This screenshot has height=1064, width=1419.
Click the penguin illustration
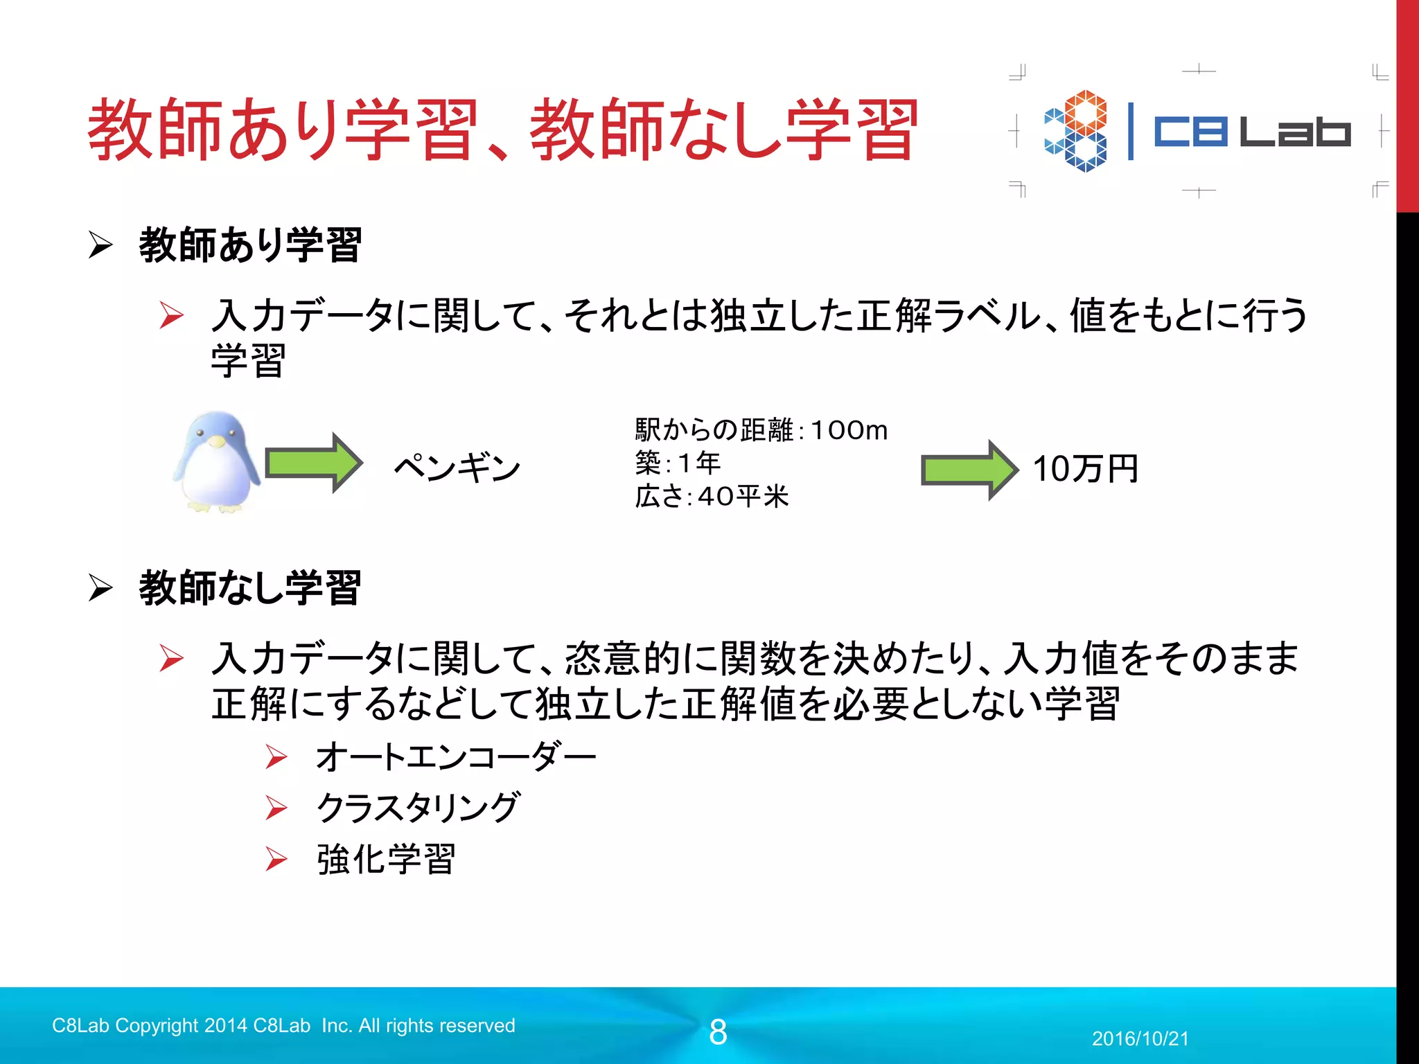pos(216,462)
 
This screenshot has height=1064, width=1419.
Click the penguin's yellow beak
pos(218,441)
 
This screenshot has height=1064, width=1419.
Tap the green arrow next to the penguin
pos(313,463)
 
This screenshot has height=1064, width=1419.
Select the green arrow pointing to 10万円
pos(969,470)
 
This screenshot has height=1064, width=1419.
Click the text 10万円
pos(1086,469)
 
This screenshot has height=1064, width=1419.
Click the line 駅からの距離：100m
pos(761,430)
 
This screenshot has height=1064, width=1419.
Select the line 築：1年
pos(678,463)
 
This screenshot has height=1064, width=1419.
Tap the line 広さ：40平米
pos(712,496)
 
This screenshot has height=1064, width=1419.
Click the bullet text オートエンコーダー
pos(455,756)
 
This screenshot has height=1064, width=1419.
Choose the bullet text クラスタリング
pos(417,808)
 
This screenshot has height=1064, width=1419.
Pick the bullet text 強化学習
pos(385,860)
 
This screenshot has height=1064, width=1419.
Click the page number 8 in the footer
pos(718,1032)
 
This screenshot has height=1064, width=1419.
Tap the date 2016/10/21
pos(1140,1038)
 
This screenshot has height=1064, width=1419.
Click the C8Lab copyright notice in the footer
pos(283,1025)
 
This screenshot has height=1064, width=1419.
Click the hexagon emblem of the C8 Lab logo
pos(1076,131)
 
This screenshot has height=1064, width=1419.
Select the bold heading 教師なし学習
pos(249,588)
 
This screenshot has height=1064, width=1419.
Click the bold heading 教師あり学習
pos(249,245)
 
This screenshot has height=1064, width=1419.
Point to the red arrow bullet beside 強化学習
pos(276,860)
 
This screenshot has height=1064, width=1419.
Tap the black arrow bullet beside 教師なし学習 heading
pos(100,588)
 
